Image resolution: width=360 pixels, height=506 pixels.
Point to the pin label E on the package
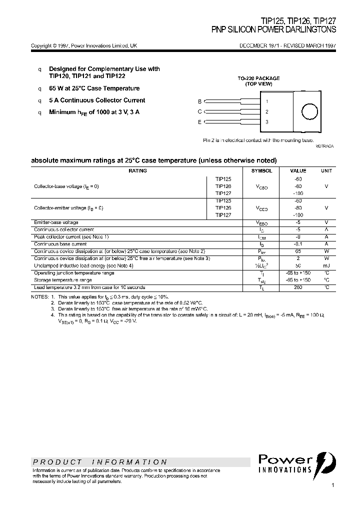coord(199,122)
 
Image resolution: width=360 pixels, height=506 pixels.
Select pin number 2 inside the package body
coord(267,112)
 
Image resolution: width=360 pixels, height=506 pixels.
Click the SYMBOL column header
coord(261,171)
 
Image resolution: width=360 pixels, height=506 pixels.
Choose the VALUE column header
coord(298,171)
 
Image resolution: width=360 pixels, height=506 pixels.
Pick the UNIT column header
coord(326,171)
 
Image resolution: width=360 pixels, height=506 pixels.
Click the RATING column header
coord(137,171)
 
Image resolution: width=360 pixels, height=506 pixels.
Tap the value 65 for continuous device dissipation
coord(298,251)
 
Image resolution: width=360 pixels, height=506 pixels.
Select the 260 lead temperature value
coord(298,287)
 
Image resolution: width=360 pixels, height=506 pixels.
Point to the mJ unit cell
coord(326,265)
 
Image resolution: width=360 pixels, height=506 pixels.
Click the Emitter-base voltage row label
coord(56,222)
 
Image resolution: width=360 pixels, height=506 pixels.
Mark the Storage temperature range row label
coord(62,280)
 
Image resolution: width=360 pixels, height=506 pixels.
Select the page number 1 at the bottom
coord(332,485)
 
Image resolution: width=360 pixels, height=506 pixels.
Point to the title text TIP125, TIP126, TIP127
coord(298,21)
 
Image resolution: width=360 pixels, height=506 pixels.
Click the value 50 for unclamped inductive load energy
coord(298,265)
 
